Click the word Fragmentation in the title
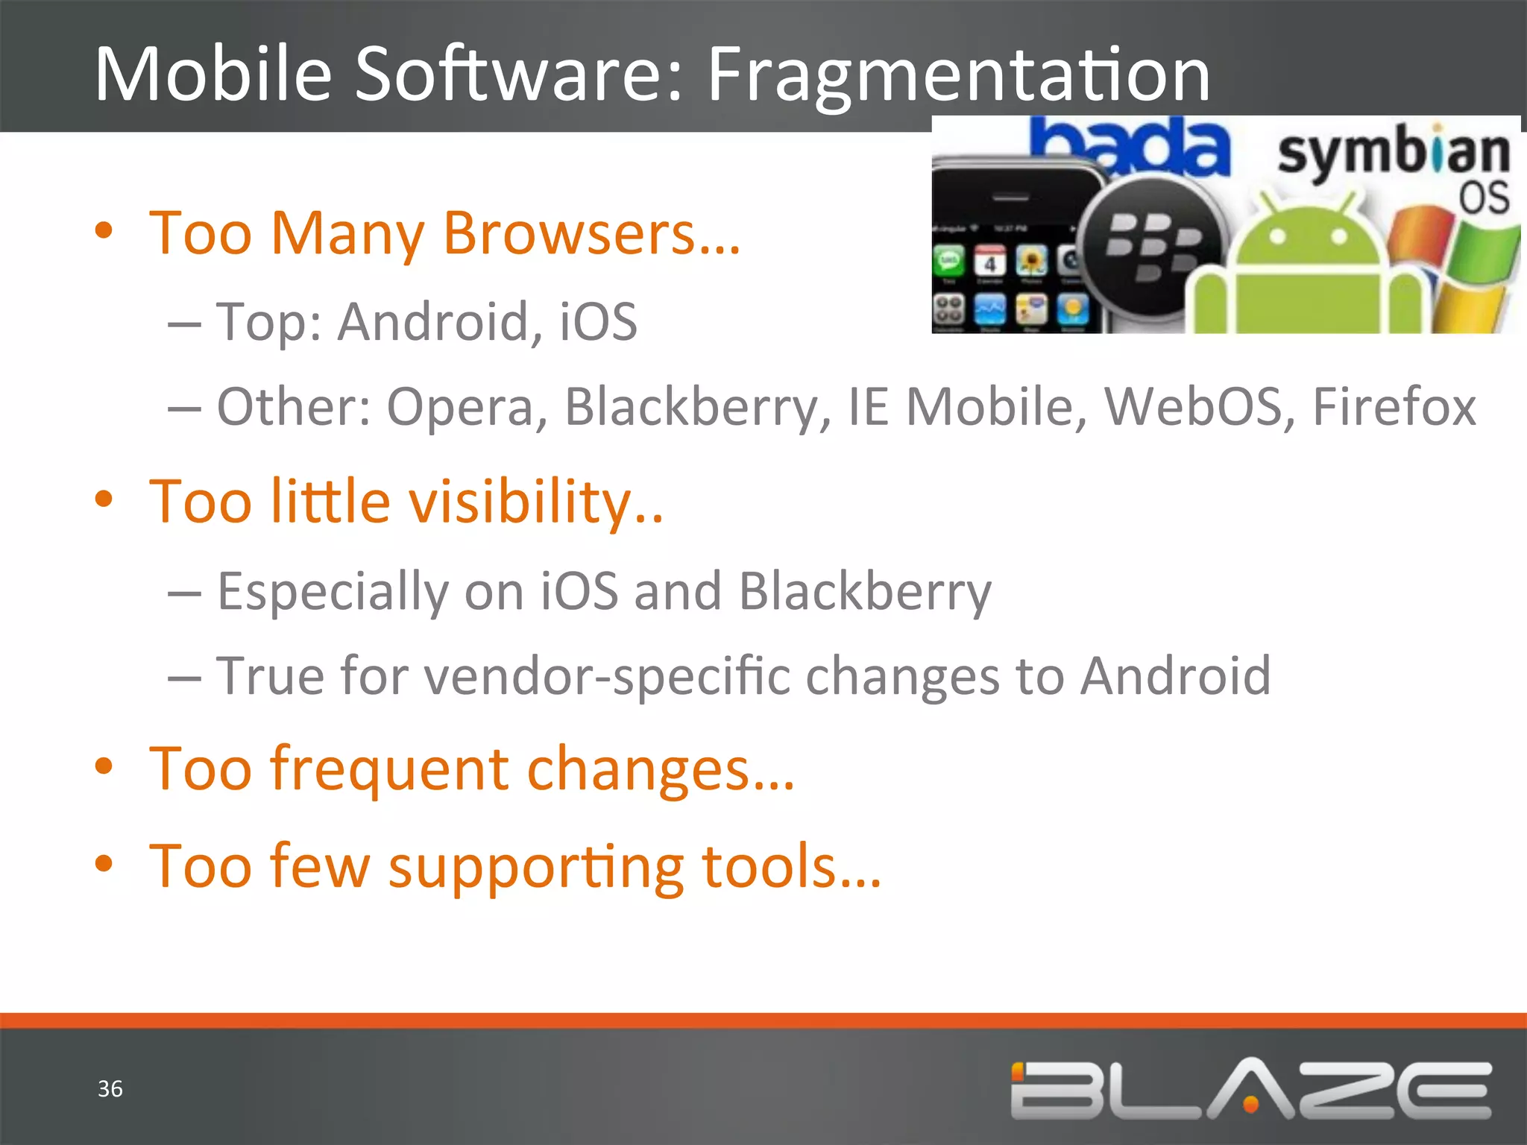point(958,75)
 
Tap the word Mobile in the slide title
point(213,75)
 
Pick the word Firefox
point(1394,407)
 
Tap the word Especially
point(333,592)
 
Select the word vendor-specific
point(607,677)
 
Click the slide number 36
point(110,1089)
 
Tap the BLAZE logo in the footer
point(1251,1089)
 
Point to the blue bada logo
point(1133,145)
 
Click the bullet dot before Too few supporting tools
point(104,865)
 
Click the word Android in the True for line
point(1176,677)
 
